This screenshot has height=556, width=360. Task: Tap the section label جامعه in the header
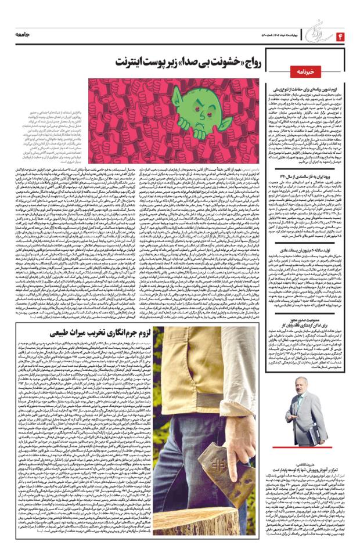[24, 37]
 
